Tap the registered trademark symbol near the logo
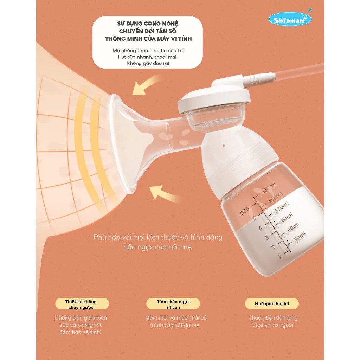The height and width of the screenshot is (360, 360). [310, 10]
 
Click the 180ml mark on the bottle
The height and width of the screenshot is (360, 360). [269, 188]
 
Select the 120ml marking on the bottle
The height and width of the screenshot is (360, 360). [282, 207]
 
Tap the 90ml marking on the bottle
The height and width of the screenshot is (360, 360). [287, 217]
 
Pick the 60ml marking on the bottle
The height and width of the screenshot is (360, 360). [293, 227]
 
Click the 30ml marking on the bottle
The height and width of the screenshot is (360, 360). [300, 237]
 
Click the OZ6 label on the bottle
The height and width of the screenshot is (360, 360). [245, 211]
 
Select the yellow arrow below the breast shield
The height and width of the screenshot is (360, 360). [164, 194]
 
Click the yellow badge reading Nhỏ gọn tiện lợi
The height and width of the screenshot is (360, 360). [272, 303]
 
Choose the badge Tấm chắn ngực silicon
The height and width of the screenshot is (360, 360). [173, 304]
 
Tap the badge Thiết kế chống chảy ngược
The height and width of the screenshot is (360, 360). [82, 304]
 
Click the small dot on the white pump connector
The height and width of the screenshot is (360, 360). [224, 146]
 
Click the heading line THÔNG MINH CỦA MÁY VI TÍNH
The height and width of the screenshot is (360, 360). [148, 39]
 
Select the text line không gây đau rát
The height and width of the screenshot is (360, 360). [148, 63]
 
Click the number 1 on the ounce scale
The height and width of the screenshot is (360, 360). [280, 256]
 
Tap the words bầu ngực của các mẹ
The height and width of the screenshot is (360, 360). [158, 247]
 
